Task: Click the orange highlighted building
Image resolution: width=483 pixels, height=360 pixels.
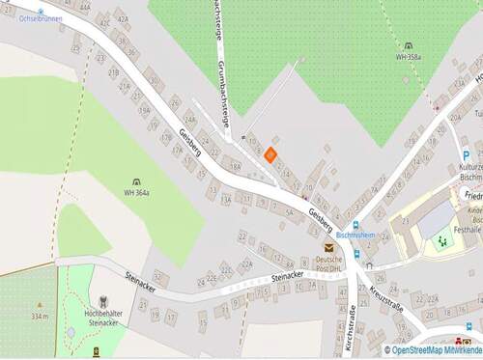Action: (271, 152)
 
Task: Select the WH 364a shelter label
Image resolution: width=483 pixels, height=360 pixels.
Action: (136, 193)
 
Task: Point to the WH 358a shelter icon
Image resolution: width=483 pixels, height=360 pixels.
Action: (408, 45)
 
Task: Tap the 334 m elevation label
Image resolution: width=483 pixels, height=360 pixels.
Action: (40, 316)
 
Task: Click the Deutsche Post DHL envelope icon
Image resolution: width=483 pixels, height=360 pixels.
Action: (329, 248)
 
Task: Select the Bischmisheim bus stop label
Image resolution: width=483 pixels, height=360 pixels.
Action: (355, 235)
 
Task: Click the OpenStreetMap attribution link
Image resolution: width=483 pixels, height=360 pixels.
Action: (433, 349)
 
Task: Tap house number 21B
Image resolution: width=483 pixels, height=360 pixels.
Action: (113, 72)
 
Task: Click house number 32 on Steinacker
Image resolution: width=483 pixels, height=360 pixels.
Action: (159, 278)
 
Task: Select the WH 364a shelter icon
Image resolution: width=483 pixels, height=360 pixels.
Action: (136, 181)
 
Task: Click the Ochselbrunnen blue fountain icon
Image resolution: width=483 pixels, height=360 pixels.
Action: (41, 10)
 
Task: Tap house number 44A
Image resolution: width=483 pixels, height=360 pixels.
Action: (85, 6)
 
